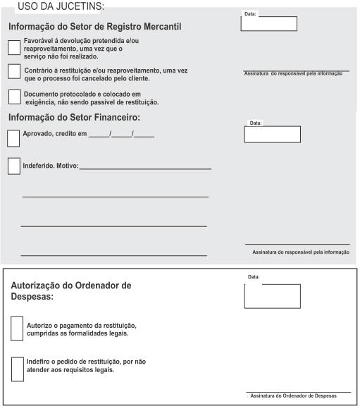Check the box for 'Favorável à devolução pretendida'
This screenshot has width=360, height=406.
13,47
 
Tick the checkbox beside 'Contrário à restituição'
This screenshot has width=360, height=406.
13,71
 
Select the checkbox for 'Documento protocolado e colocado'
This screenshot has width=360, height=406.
14,97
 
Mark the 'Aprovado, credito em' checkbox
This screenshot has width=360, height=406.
13,137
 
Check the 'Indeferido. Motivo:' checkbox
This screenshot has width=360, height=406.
13,166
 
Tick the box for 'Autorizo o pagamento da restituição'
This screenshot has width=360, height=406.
18,328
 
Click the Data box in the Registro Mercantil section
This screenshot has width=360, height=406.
268,24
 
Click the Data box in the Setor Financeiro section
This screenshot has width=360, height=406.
272,134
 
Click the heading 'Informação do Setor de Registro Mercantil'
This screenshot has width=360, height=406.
95,27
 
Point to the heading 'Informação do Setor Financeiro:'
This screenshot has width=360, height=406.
74,117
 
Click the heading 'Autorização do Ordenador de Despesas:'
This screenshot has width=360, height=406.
71,291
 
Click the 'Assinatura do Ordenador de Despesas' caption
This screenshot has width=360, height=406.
298,397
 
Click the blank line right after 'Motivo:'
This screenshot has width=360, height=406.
146,168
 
